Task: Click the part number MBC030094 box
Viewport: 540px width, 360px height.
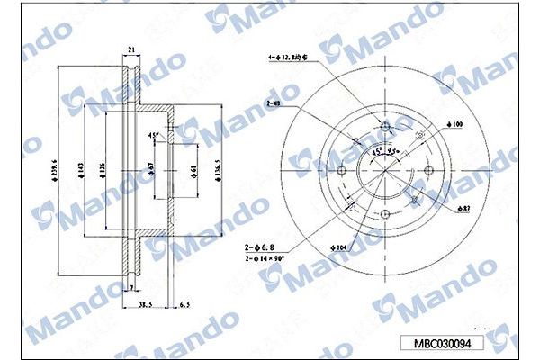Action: click(x=447, y=343)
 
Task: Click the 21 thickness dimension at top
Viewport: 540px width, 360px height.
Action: click(x=131, y=51)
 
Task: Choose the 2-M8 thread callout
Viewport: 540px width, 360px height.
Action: click(x=274, y=105)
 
